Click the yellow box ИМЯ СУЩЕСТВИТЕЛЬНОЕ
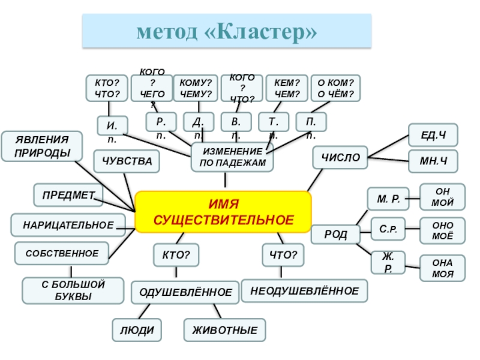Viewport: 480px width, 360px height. click(x=223, y=212)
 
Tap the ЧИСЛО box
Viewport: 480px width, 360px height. click(x=340, y=158)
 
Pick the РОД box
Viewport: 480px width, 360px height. click(x=335, y=234)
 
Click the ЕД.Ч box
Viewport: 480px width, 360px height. click(x=433, y=135)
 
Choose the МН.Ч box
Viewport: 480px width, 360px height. click(x=433, y=162)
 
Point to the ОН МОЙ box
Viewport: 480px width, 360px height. click(x=442, y=197)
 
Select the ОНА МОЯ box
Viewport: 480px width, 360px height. click(x=442, y=268)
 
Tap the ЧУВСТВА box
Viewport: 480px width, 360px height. click(x=127, y=161)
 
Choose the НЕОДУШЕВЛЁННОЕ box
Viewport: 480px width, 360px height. click(x=304, y=291)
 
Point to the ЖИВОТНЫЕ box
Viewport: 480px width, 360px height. click(x=224, y=330)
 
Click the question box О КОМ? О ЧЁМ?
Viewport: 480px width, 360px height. click(x=336, y=89)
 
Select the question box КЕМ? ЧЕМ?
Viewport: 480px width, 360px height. click(x=286, y=89)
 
